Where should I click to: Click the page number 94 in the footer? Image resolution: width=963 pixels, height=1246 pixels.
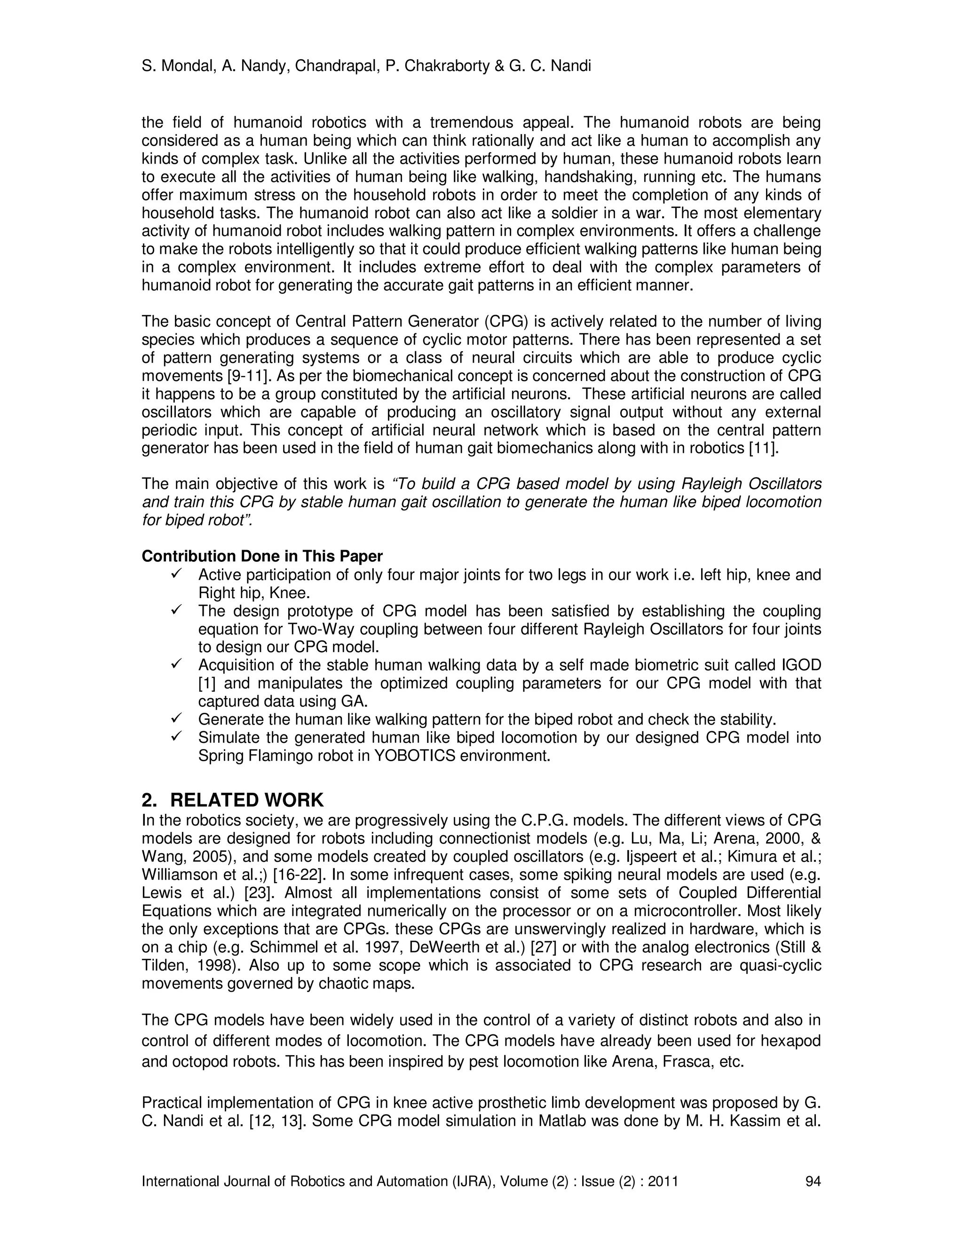[x=813, y=1181]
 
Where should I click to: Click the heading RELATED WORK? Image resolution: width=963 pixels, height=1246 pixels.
[x=246, y=800]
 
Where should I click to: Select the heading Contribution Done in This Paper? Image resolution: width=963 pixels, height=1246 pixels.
[x=262, y=556]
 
